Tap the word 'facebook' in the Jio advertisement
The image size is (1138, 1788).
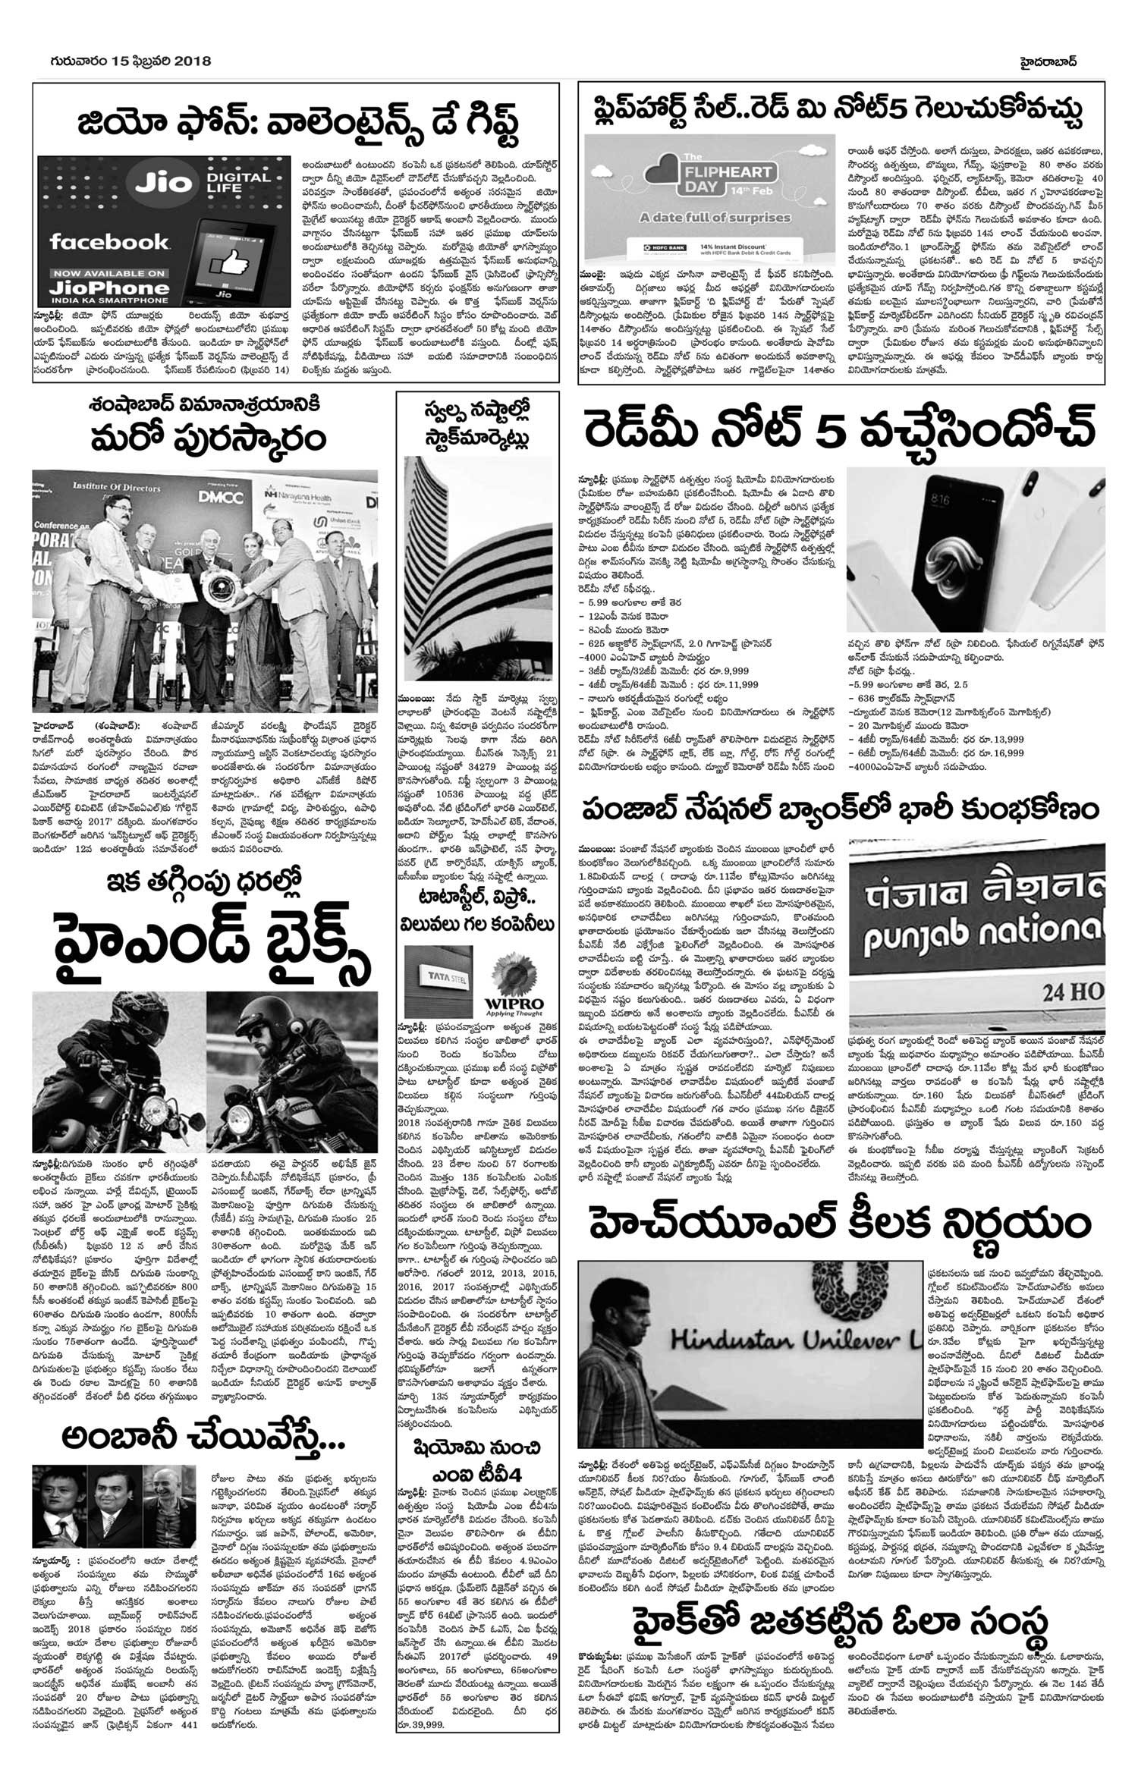pos(108,242)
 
